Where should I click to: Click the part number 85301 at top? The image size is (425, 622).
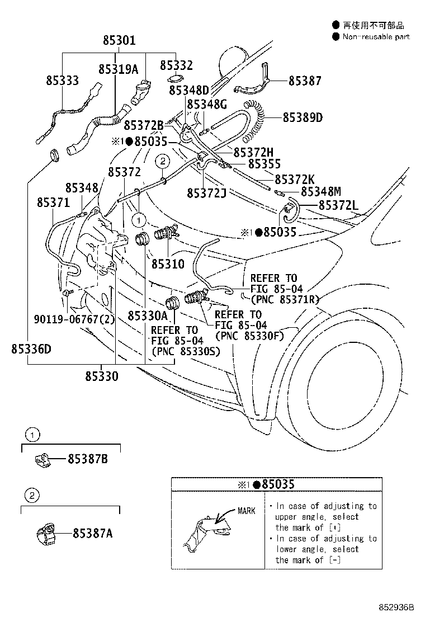click(x=119, y=41)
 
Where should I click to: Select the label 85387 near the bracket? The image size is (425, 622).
click(x=305, y=81)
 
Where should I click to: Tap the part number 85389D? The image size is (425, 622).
click(x=303, y=117)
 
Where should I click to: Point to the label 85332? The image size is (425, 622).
click(x=176, y=66)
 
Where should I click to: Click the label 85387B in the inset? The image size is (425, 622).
click(x=87, y=459)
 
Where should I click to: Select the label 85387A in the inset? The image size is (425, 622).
click(x=92, y=533)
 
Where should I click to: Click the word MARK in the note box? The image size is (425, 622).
click(x=247, y=511)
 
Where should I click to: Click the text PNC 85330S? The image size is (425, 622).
click(x=185, y=351)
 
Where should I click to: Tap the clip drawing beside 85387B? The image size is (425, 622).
click(x=41, y=459)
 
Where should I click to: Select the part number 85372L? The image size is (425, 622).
click(x=338, y=206)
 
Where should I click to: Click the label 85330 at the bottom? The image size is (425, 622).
click(x=102, y=376)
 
